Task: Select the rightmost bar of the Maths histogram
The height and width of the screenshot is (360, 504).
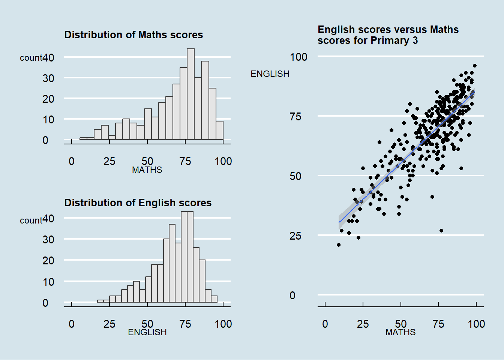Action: pyautogui.click(x=220, y=130)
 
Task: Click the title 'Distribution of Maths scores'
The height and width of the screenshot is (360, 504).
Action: pyautogui.click(x=133, y=35)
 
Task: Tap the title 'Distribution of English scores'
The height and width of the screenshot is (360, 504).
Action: pyautogui.click(x=138, y=203)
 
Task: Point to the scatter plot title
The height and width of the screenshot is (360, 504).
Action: pyautogui.click(x=388, y=35)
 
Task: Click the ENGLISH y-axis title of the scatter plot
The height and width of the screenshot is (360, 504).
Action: pyautogui.click(x=270, y=74)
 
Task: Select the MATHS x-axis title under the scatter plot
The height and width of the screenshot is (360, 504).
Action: pyautogui.click(x=400, y=332)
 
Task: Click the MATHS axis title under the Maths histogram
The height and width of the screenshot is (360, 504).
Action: pyautogui.click(x=147, y=170)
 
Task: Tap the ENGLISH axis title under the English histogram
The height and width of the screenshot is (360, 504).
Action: pyautogui.click(x=147, y=332)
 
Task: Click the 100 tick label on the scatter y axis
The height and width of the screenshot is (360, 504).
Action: pyautogui.click(x=298, y=57)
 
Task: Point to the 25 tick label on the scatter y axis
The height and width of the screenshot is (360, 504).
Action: pyautogui.click(x=295, y=236)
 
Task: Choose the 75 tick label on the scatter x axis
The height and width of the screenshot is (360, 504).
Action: pyautogui.click(x=438, y=324)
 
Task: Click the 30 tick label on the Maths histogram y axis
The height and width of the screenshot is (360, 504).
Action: pyautogui.click(x=48, y=78)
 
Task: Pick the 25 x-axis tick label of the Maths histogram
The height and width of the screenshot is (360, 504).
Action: pyautogui.click(x=109, y=161)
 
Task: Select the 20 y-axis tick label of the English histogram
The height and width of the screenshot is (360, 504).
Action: pyautogui.click(x=48, y=261)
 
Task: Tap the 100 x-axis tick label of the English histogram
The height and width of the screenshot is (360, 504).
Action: pyautogui.click(x=223, y=324)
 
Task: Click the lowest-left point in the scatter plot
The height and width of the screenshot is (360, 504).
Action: pyautogui.click(x=339, y=245)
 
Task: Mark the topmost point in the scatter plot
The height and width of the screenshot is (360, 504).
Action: pyautogui.click(x=475, y=66)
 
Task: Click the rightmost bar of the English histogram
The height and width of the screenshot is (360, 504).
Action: pyautogui.click(x=214, y=299)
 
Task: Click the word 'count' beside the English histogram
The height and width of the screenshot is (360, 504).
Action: pyautogui.click(x=31, y=220)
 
